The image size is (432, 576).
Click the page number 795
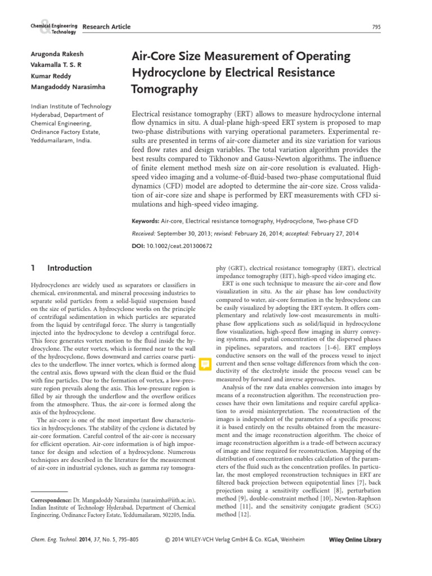pos(377,26)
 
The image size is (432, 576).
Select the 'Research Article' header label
pos(106,26)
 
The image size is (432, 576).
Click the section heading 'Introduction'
pos(70,268)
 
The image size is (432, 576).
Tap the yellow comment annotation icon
pos(205,364)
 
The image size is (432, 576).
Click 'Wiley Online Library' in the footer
pos(354,540)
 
